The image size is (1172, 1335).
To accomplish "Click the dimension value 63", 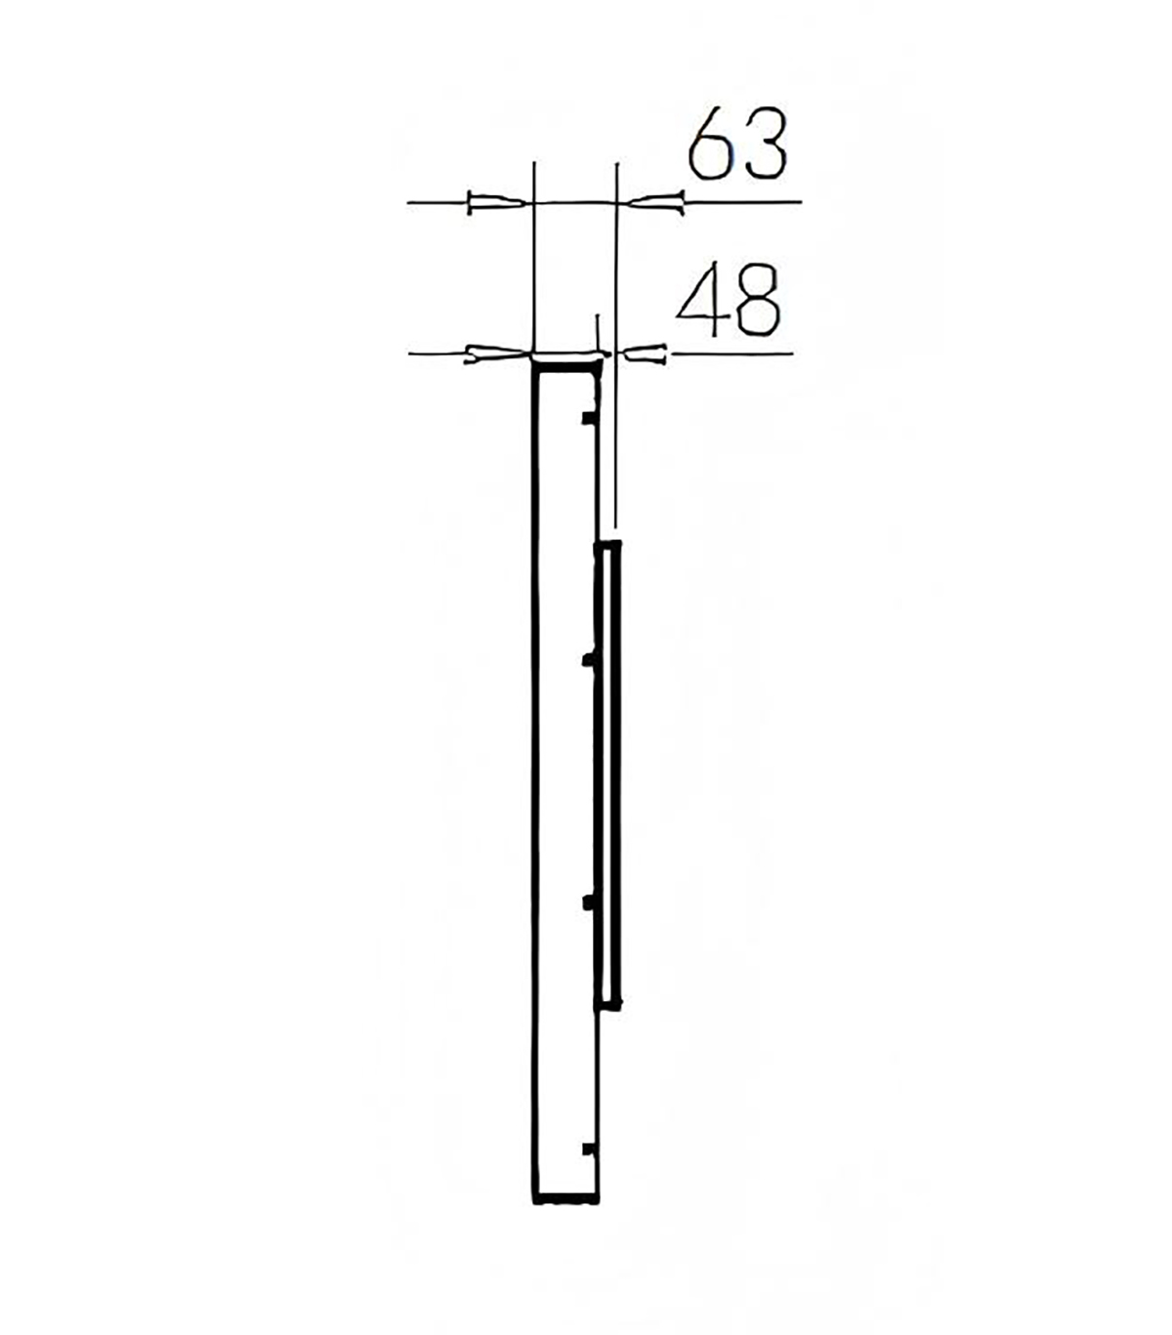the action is point(737,143).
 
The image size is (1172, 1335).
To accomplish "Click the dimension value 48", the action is point(729,301).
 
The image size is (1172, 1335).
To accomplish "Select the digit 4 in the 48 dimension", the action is point(702,301).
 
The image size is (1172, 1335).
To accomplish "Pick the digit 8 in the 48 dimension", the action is point(758,301).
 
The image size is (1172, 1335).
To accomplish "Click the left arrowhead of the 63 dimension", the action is point(497,201).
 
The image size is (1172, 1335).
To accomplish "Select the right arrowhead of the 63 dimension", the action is point(653,201).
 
